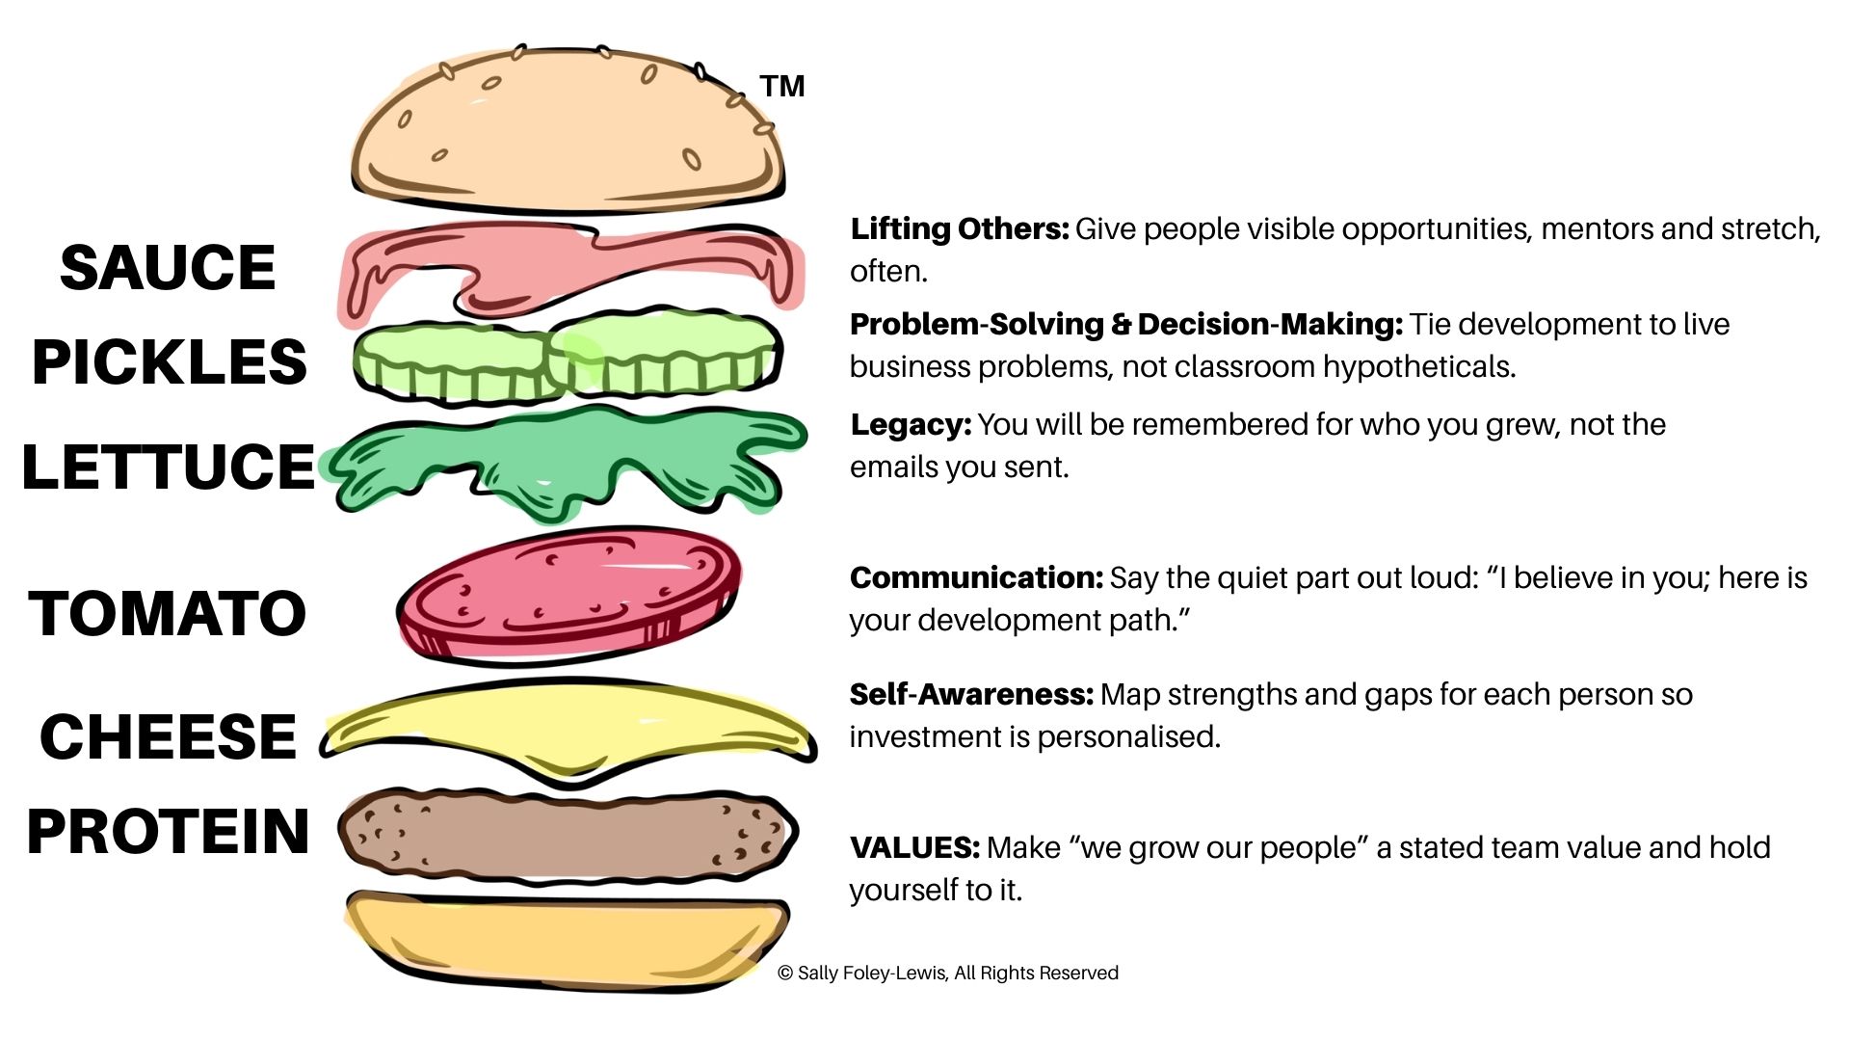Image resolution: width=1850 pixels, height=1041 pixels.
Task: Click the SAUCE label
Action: click(168, 267)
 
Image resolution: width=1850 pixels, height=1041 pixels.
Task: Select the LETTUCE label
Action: click(169, 467)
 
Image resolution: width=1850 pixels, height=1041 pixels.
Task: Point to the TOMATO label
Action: click(168, 613)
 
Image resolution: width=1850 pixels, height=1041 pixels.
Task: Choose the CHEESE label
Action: click(169, 736)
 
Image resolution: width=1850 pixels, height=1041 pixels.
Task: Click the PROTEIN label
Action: click(169, 831)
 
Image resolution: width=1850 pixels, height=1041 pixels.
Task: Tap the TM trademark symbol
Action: click(781, 87)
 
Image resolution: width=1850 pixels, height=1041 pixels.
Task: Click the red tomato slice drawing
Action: click(568, 596)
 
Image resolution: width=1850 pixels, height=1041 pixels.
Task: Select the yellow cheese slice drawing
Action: click(568, 728)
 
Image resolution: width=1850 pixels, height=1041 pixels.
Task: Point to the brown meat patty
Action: click(568, 835)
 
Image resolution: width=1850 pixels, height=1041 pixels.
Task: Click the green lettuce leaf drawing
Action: click(568, 463)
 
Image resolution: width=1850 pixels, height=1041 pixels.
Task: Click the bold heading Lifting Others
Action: click(960, 229)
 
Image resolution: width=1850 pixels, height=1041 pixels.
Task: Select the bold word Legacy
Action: click(911, 425)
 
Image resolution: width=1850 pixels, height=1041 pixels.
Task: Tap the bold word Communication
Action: click(976, 577)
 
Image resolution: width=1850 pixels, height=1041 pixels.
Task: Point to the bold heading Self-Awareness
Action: click(971, 694)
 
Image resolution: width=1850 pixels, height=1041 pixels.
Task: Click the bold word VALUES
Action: click(914, 847)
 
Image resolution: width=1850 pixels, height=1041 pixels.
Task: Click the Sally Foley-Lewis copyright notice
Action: click(948, 973)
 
